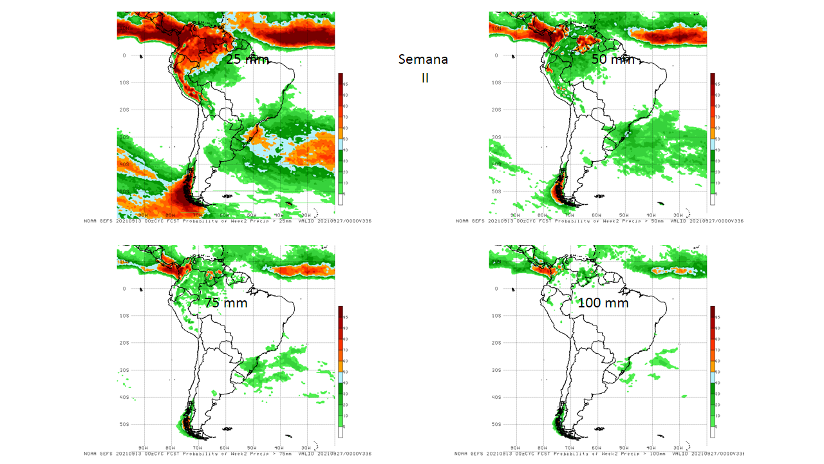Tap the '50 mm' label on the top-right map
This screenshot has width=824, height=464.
point(613,59)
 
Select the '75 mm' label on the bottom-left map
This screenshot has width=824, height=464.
point(225,302)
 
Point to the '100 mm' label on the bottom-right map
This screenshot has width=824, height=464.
point(603,302)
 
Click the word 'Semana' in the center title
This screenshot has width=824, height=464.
point(423,59)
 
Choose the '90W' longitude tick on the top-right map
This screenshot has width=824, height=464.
point(515,215)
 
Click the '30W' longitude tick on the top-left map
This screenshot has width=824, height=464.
point(306,215)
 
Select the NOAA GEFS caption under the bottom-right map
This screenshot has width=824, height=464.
point(599,454)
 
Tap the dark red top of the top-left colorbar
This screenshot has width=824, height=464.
point(341,77)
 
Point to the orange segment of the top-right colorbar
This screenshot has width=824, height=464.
point(713,133)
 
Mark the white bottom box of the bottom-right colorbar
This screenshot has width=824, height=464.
point(713,433)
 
